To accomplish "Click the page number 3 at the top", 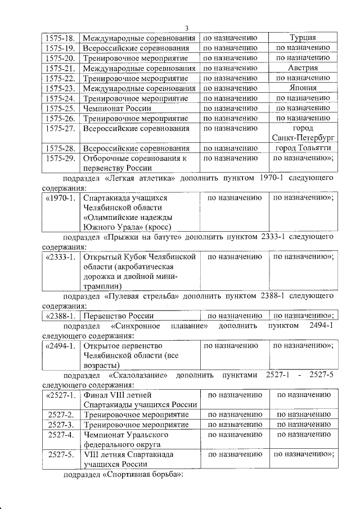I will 187,29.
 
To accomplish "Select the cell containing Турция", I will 303,38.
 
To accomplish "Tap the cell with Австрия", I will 303,67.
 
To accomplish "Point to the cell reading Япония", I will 303,88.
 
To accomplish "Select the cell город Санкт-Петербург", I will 303,133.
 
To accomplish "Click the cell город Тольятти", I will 303,148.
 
